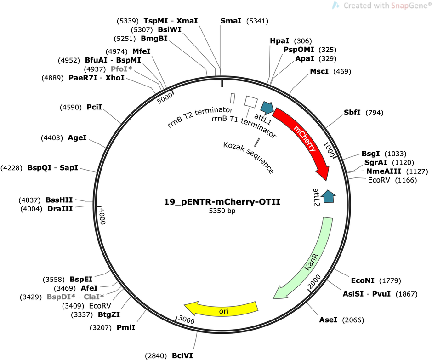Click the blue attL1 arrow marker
pos(267,108)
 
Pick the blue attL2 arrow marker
pos(328,196)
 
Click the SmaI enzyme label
pos(231,21)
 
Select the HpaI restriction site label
pos(279,41)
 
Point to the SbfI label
pos(352,112)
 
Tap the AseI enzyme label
pos(328,320)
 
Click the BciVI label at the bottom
pos(182,355)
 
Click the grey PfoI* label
pos(121,69)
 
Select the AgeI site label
pos(77,137)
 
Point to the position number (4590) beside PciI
pos(71,107)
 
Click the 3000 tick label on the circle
pos(187,320)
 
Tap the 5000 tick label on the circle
pos(165,98)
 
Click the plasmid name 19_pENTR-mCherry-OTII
pos(222,202)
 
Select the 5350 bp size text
pos(222,211)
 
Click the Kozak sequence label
pos(249,158)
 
